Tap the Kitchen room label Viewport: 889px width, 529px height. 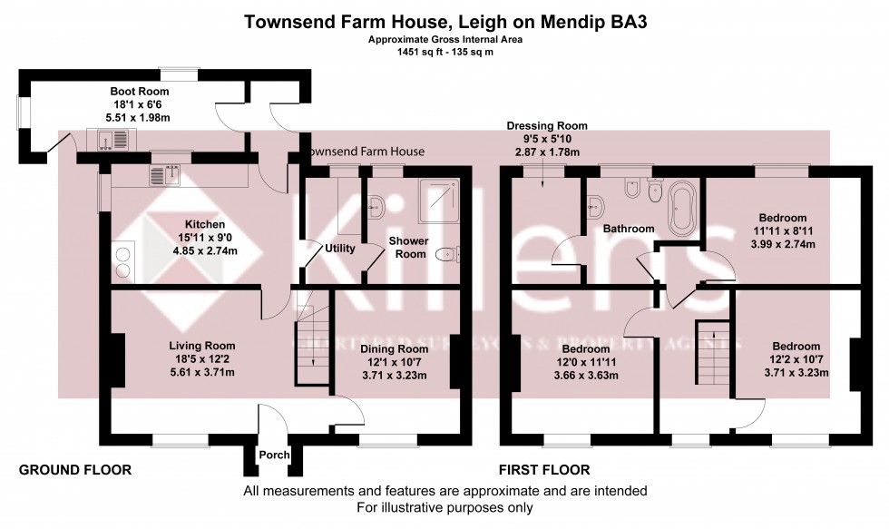pos(205,224)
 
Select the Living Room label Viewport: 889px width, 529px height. pos(202,346)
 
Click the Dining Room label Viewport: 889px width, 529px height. pos(394,349)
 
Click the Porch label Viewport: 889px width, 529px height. pos(273,455)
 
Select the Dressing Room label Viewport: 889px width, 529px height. pos(547,126)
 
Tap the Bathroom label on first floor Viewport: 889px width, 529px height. pos(630,230)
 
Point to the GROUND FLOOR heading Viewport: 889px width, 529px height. pos(75,470)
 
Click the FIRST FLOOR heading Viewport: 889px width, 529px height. pos(544,470)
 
